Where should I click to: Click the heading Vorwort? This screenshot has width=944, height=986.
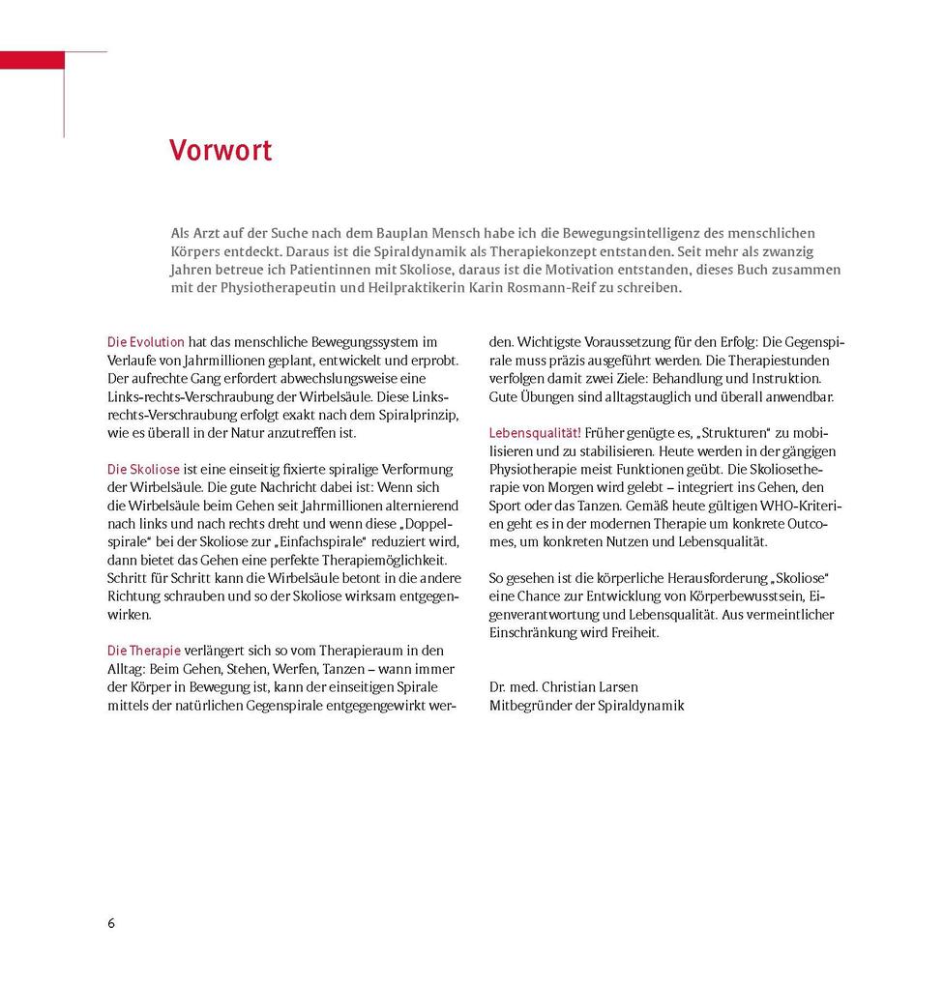pyautogui.click(x=221, y=151)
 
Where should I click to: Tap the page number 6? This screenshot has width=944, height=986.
pyautogui.click(x=111, y=922)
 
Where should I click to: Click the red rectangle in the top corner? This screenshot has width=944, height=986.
pyautogui.click(x=32, y=60)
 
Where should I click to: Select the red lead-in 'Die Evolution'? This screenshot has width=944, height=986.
pyautogui.click(x=145, y=342)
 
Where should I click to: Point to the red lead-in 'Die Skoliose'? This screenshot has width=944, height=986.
pyautogui.click(x=143, y=469)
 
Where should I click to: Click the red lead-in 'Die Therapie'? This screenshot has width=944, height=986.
pyautogui.click(x=143, y=651)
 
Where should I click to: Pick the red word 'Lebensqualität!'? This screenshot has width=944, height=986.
pyautogui.click(x=535, y=433)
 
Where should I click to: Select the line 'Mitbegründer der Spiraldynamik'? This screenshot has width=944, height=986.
pyautogui.click(x=586, y=706)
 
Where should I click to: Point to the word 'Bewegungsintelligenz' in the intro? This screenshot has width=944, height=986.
pyautogui.click(x=661, y=233)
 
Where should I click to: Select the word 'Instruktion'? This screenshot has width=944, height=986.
pyautogui.click(x=787, y=379)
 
